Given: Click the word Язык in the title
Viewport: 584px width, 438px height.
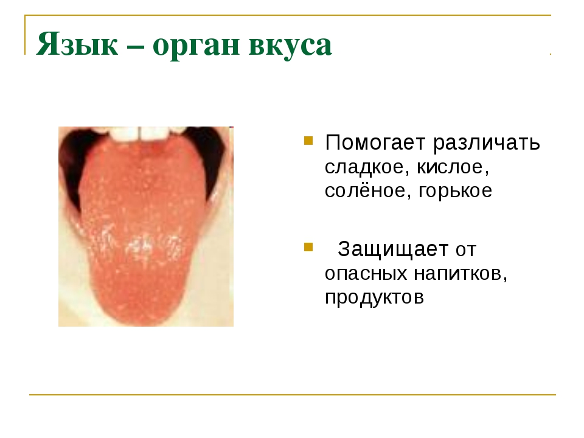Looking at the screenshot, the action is pos(77,44).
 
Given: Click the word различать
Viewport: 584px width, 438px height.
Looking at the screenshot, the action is pos(487,143).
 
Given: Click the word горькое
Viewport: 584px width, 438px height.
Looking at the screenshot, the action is pos(455,192).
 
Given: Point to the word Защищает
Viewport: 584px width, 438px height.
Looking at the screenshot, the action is pos(393,249).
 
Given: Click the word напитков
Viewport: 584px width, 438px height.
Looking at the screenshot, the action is pos(461,274).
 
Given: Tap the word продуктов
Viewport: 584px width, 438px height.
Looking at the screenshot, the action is pos(374,298).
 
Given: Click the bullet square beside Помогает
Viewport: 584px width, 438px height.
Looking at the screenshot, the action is pos(308,140).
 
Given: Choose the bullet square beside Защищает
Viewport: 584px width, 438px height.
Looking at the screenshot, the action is pos(308,248).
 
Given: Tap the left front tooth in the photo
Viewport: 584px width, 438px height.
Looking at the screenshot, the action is pos(125,134).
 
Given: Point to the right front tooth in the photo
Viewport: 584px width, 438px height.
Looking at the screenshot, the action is pos(154,134).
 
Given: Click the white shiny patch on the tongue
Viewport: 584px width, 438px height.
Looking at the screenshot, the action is pos(140,245).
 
